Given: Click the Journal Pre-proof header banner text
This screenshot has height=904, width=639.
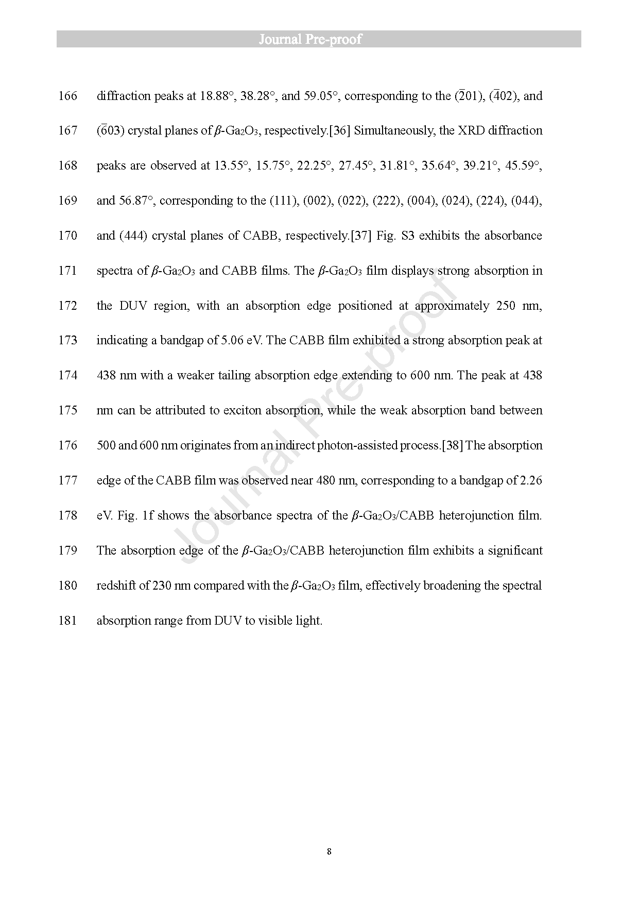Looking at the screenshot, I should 310,39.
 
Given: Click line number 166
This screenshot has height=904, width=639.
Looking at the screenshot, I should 68,96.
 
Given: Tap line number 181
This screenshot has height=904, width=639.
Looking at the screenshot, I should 68,621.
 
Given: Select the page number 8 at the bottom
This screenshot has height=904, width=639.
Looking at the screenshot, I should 329,851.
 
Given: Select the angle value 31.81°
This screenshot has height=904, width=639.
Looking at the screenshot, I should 398,165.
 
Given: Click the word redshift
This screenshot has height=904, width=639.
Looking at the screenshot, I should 116,585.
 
